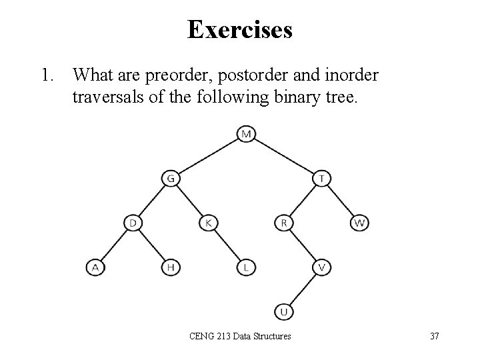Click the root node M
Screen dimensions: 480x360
tap(246, 134)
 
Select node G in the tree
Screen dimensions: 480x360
tap(171, 179)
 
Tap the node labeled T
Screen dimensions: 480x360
tap(322, 179)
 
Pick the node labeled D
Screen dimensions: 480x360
tap(133, 223)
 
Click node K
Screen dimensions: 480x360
tap(209, 223)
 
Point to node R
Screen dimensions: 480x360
tap(284, 223)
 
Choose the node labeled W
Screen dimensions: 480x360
tap(360, 223)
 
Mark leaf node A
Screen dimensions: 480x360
tap(95, 267)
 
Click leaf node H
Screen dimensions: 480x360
tap(171, 267)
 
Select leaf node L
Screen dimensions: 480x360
tap(246, 267)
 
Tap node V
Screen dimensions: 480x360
tap(322, 267)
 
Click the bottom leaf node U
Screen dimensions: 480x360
tap(284, 311)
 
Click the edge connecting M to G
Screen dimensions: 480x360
tap(208, 157)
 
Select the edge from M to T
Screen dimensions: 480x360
tap(284, 157)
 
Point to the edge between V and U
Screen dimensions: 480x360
tap(303, 289)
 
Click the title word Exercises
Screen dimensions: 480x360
tap(239, 29)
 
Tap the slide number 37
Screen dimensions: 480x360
tap(434, 336)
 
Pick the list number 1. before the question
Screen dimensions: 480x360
tap(47, 75)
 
